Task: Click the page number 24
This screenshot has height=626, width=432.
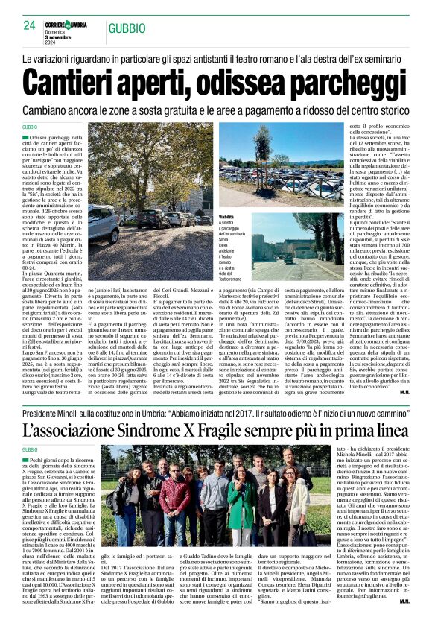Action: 30,25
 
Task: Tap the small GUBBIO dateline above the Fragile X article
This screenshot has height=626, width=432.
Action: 31,450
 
